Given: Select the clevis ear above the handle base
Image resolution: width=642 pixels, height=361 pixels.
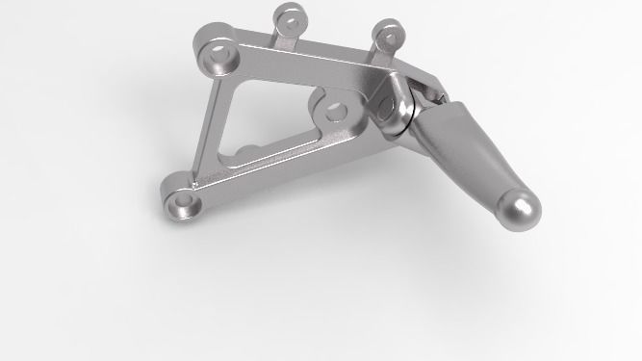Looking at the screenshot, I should pos(424,89).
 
